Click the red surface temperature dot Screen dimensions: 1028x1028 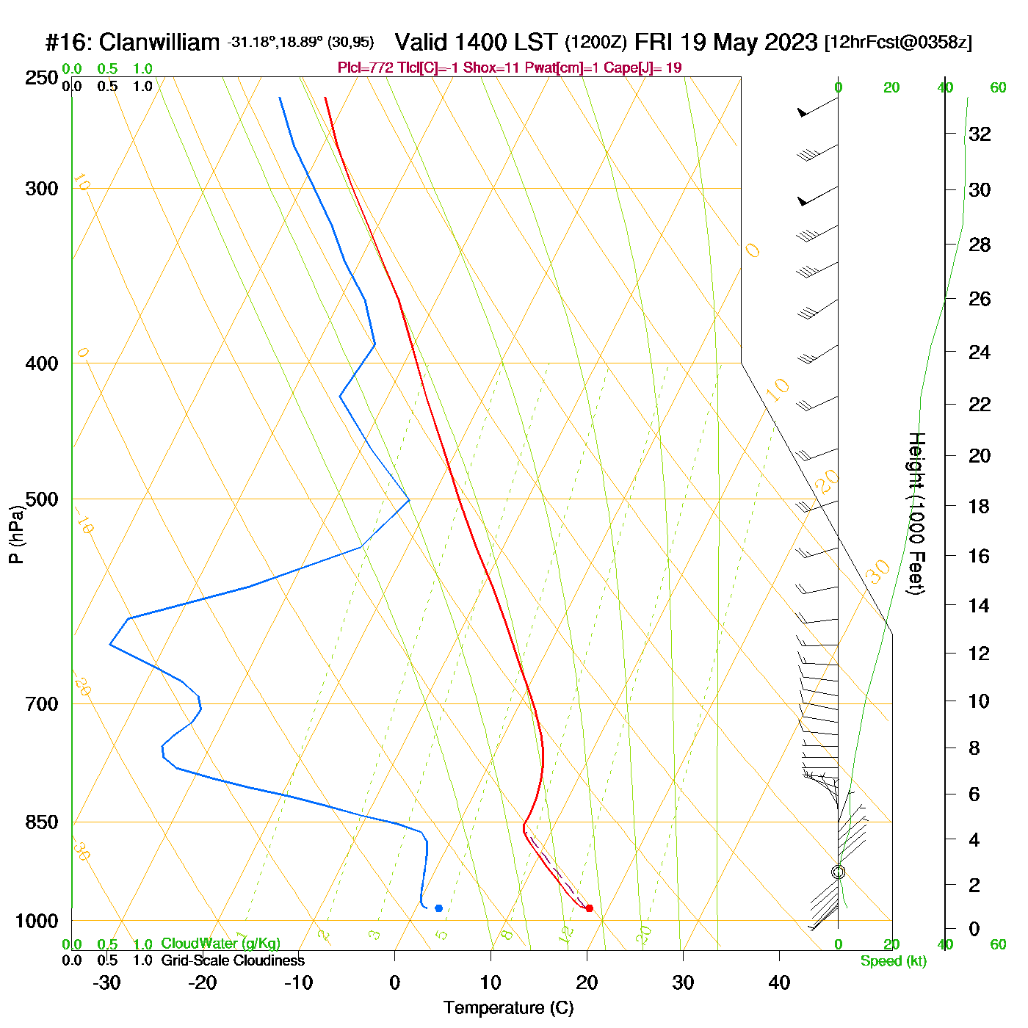click(x=589, y=908)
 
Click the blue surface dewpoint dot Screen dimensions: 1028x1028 click(x=438, y=908)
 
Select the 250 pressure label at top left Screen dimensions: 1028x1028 click(x=42, y=78)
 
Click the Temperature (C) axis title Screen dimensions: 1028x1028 click(x=508, y=1008)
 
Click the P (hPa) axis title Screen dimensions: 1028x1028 click(x=16, y=534)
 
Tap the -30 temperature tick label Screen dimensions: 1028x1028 click(x=106, y=982)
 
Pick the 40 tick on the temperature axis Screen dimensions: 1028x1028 click(x=779, y=982)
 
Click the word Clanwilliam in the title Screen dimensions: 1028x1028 click(x=159, y=43)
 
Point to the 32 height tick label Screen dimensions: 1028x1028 click(x=980, y=134)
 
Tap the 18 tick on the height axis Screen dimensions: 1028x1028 click(x=980, y=506)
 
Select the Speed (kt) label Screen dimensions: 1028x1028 click(x=894, y=961)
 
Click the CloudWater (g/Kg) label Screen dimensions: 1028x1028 click(x=220, y=944)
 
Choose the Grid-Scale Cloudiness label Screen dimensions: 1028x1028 click(x=233, y=960)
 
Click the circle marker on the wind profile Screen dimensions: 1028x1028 click(x=839, y=872)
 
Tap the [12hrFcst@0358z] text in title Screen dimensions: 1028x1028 click(x=898, y=43)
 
